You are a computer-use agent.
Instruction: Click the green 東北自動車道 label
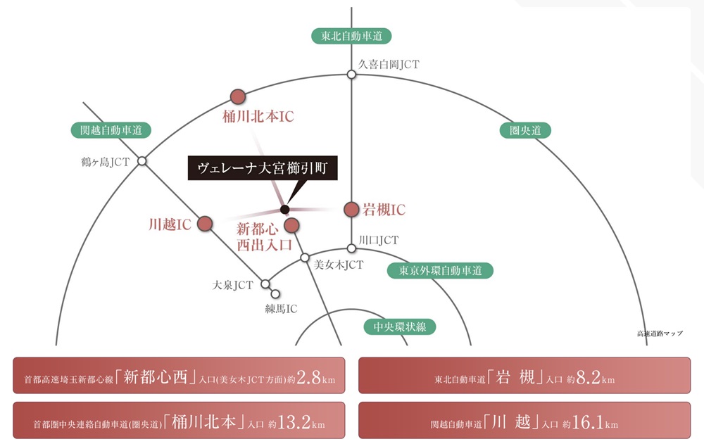tap(351, 36)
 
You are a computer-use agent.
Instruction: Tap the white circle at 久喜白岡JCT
tap(351, 74)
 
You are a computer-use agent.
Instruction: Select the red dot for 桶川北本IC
tap(238, 96)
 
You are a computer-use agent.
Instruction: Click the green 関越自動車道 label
tap(111, 130)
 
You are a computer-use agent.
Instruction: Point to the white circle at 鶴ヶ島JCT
tap(142, 160)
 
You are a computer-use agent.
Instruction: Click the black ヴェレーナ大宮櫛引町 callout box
tap(263, 168)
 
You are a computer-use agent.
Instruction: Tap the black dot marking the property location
tap(284, 209)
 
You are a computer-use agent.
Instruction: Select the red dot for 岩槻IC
tap(351, 209)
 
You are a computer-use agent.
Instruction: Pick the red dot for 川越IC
tap(205, 224)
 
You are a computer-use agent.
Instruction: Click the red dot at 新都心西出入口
tap(292, 225)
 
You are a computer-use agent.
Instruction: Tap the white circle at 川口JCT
tap(351, 248)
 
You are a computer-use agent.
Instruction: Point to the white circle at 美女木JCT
tap(305, 258)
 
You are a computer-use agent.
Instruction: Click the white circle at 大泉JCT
tap(265, 284)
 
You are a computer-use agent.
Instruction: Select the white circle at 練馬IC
tap(275, 294)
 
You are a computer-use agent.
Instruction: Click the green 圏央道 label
tap(525, 131)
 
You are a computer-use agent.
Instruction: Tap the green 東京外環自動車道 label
tap(441, 270)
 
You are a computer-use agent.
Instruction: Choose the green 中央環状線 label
tap(400, 326)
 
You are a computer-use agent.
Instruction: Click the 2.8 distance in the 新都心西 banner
tap(309, 378)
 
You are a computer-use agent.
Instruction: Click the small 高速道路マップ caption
tap(660, 333)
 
